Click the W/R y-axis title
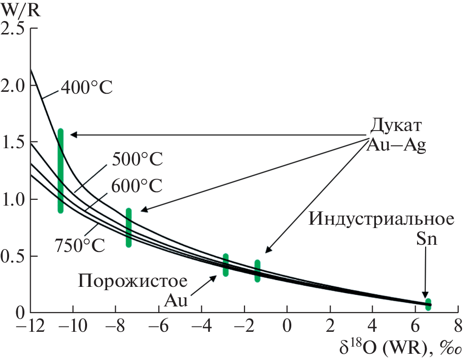pos(20,10)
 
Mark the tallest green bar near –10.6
pos(60,171)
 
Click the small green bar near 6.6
pos(428,304)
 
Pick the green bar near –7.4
pos(129,228)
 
